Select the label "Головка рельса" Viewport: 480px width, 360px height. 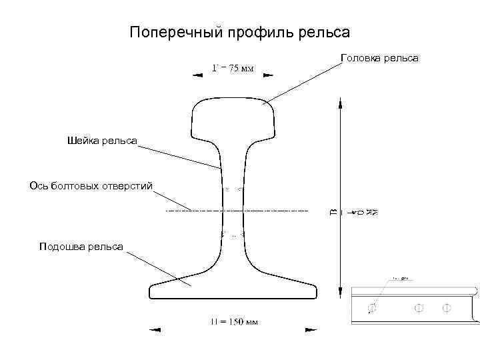coord(379,59)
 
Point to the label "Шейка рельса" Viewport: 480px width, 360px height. coord(102,140)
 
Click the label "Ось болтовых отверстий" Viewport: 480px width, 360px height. coord(91,185)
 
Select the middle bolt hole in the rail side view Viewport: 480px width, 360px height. coord(419,308)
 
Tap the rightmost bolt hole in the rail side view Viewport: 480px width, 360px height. coord(447,308)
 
